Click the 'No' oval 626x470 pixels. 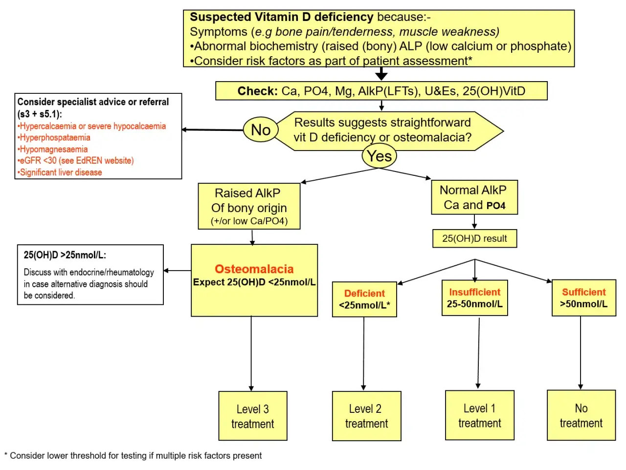pyautogui.click(x=261, y=129)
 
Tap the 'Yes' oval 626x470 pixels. pyautogui.click(x=380, y=156)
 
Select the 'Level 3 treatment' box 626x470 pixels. pyautogui.click(x=252, y=416)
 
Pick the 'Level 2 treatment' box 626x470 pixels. pyautogui.click(x=366, y=416)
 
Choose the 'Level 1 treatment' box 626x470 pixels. pyautogui.click(x=479, y=415)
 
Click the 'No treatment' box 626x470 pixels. pyautogui.click(x=581, y=415)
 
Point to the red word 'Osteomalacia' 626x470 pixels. pyautogui.click(x=254, y=269)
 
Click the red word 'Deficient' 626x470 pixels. pyautogui.click(x=364, y=293)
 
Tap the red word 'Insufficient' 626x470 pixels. pyautogui.click(x=474, y=292)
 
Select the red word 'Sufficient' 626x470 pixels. pyautogui.click(x=583, y=292)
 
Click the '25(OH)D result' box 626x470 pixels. pyautogui.click(x=474, y=238)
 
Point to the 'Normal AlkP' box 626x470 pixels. pyautogui.click(x=474, y=197)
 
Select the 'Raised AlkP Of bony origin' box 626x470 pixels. pyautogui.click(x=249, y=206)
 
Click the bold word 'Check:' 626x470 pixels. pyautogui.click(x=257, y=91)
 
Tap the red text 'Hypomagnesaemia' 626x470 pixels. pyautogui.click(x=53, y=150)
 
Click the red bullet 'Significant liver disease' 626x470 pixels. pyautogui.click(x=61, y=172)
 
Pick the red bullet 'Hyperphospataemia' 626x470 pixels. pyautogui.click(x=55, y=138)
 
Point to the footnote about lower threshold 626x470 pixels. pyautogui.click(x=133, y=455)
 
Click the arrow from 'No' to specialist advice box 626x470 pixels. pyautogui.click(x=213, y=130)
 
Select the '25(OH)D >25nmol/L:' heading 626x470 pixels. pyautogui.click(x=65, y=255)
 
